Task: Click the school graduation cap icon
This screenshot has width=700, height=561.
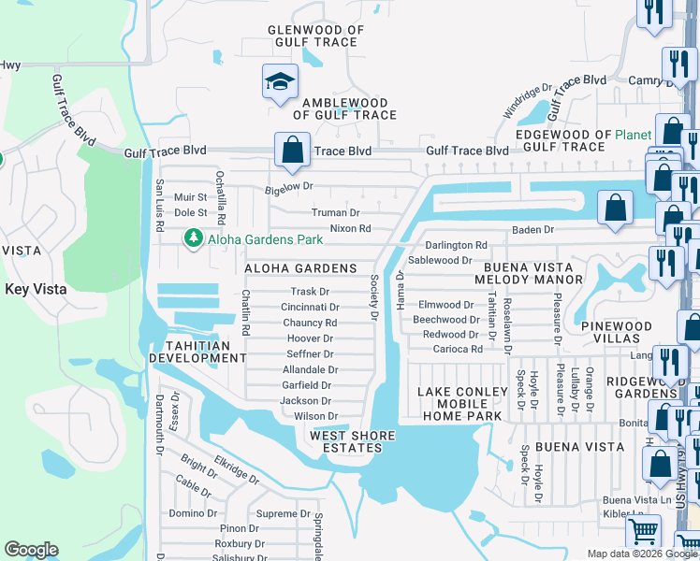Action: (280, 82)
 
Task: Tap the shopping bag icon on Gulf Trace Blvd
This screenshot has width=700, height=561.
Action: (292, 150)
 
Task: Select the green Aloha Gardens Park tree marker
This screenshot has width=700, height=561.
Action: (194, 239)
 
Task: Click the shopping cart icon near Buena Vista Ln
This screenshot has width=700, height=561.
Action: (643, 531)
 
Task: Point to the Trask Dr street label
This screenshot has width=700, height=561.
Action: (310, 292)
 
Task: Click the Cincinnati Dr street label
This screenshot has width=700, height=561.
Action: (310, 307)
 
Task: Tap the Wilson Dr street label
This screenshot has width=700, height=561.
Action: (315, 416)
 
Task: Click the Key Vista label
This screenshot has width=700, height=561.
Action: (36, 289)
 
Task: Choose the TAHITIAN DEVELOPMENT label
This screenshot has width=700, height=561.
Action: (197, 352)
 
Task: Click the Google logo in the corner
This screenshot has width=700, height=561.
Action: (31, 550)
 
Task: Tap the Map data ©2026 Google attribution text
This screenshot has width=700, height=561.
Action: (642, 554)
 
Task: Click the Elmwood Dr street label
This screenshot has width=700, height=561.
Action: (446, 304)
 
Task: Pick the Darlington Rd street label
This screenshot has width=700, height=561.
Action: (456, 245)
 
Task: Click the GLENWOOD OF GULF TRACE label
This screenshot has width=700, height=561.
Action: (313, 36)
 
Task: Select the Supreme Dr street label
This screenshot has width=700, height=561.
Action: (283, 513)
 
